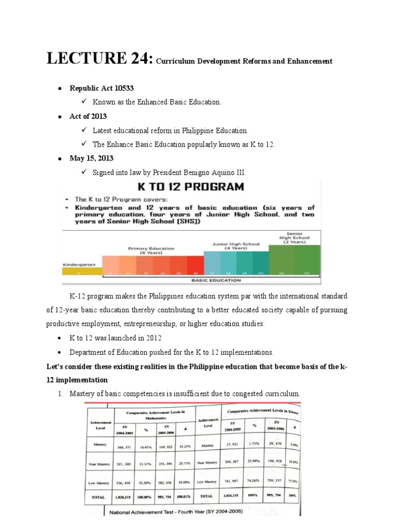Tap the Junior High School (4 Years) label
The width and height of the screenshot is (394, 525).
(x=236, y=246)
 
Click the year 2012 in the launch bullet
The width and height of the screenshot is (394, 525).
(x=153, y=338)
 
